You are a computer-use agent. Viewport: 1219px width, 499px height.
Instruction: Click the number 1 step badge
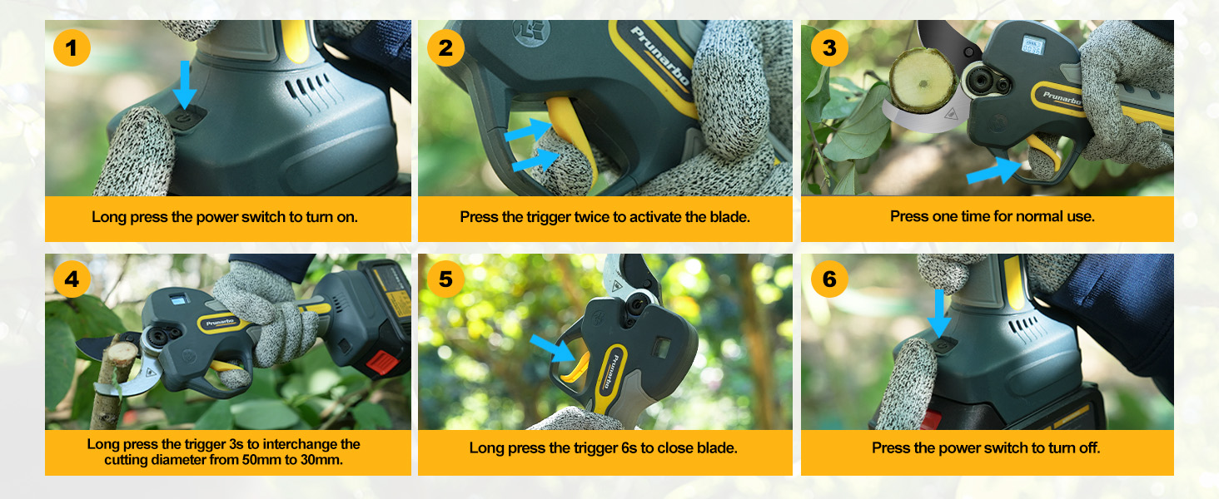[x=72, y=48]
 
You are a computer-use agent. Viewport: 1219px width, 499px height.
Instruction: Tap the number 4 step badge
[x=72, y=279]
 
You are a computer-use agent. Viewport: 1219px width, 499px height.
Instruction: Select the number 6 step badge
[x=829, y=279]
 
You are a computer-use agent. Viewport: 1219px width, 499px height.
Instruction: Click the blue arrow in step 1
[x=185, y=84]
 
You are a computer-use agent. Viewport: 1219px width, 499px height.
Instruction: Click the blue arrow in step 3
[x=993, y=170]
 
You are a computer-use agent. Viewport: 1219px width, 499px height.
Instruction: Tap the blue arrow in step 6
[x=939, y=314]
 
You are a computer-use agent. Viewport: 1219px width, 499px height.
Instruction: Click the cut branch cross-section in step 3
[x=922, y=80]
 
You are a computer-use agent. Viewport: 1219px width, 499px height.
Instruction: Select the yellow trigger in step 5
[x=575, y=368]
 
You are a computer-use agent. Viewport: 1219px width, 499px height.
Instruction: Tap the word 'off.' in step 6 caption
[x=1089, y=448]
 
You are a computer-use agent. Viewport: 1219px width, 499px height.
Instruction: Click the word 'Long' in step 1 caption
[x=109, y=217]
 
